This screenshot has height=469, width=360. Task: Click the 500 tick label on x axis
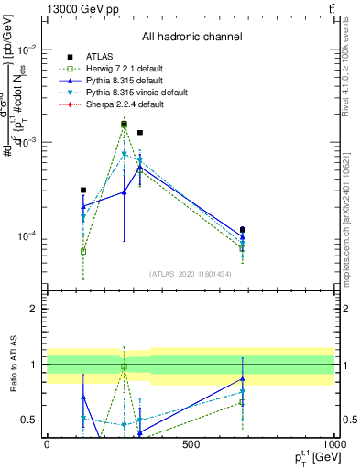[191, 444]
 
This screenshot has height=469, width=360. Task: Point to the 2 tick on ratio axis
[35, 309]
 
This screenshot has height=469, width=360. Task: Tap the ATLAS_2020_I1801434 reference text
[191, 275]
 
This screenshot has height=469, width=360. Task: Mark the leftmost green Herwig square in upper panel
[83, 251]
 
